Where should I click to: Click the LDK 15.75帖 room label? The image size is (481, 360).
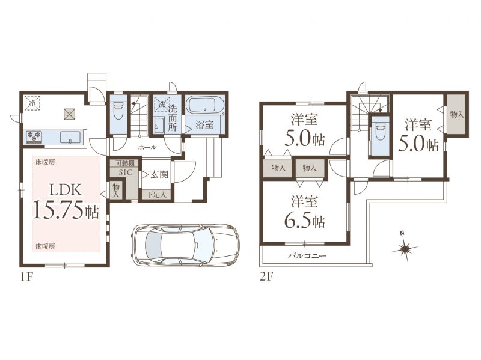[66, 201]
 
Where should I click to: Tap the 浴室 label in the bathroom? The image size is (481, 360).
[204, 125]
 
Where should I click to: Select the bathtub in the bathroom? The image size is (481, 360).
[204, 105]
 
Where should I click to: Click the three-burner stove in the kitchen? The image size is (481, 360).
[34, 137]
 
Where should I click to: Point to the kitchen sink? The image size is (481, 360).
[70, 137]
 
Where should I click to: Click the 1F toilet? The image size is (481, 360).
[118, 111]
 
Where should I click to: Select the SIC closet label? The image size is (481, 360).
[126, 172]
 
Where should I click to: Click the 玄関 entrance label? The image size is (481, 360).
[159, 175]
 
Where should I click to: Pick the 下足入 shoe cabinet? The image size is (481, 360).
[156, 194]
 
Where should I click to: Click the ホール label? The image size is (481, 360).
[147, 147]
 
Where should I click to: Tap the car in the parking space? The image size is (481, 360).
[185, 245]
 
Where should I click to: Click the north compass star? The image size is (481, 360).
[405, 248]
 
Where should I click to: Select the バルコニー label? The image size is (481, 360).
[307, 255]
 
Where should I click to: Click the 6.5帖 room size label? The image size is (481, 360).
[305, 220]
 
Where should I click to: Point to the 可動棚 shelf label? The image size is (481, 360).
[125, 163]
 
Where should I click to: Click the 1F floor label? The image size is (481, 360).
[26, 278]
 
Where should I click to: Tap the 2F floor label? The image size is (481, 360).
[266, 278]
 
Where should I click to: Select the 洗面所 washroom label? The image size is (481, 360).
[173, 118]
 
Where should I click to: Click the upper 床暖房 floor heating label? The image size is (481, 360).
[45, 162]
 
